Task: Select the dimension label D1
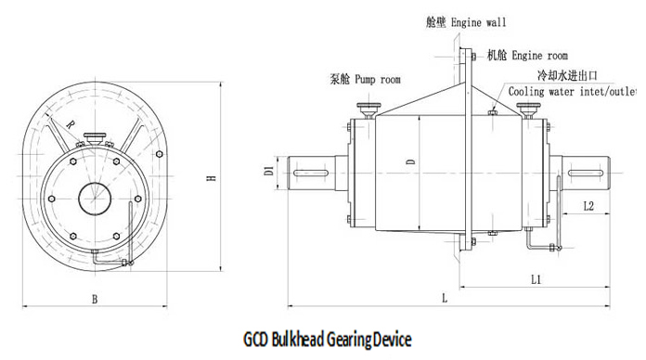[x=267, y=171]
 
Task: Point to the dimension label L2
[x=588, y=206]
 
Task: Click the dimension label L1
[x=536, y=277]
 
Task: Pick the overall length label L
[x=445, y=298]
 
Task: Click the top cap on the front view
[x=94, y=139]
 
